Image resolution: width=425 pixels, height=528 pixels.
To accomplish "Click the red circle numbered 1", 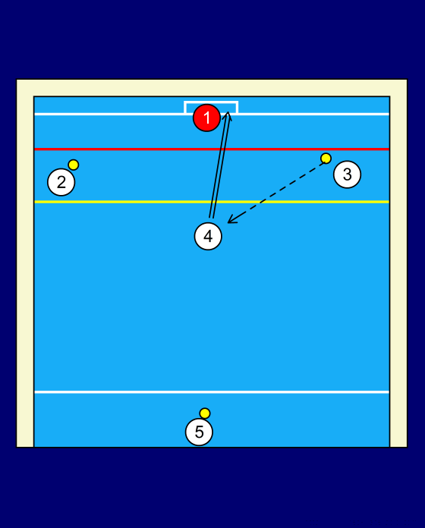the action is [206, 118].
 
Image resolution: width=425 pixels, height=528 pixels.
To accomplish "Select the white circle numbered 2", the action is [61, 182].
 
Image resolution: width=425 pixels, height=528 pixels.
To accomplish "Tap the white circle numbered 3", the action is [347, 174].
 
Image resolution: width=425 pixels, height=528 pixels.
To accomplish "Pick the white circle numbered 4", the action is [208, 236].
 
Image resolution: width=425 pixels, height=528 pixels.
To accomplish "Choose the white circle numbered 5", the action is [199, 432].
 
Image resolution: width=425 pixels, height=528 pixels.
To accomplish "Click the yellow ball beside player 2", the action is [74, 165].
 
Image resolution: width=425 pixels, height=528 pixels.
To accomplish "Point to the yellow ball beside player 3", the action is [326, 159].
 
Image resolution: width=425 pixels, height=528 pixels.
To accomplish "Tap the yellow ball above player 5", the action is [205, 413].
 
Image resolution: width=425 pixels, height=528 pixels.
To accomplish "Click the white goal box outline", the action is [211, 102].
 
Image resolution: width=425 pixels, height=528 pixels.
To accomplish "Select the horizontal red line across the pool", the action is [212, 149].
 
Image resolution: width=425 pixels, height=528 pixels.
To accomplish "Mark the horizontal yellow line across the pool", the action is [212, 202].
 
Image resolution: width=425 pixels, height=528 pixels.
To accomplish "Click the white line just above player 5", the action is [212, 392].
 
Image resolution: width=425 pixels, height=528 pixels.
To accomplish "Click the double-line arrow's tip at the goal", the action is [228, 112].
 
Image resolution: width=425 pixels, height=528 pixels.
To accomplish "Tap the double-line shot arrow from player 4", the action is [220, 165].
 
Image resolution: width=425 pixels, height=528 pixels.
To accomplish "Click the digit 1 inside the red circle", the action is [206, 118].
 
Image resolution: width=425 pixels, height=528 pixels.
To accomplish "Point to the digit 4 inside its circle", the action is [208, 236].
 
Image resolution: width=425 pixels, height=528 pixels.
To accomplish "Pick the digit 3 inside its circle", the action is [347, 174].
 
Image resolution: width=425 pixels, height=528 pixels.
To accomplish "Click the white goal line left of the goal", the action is [109, 114].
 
